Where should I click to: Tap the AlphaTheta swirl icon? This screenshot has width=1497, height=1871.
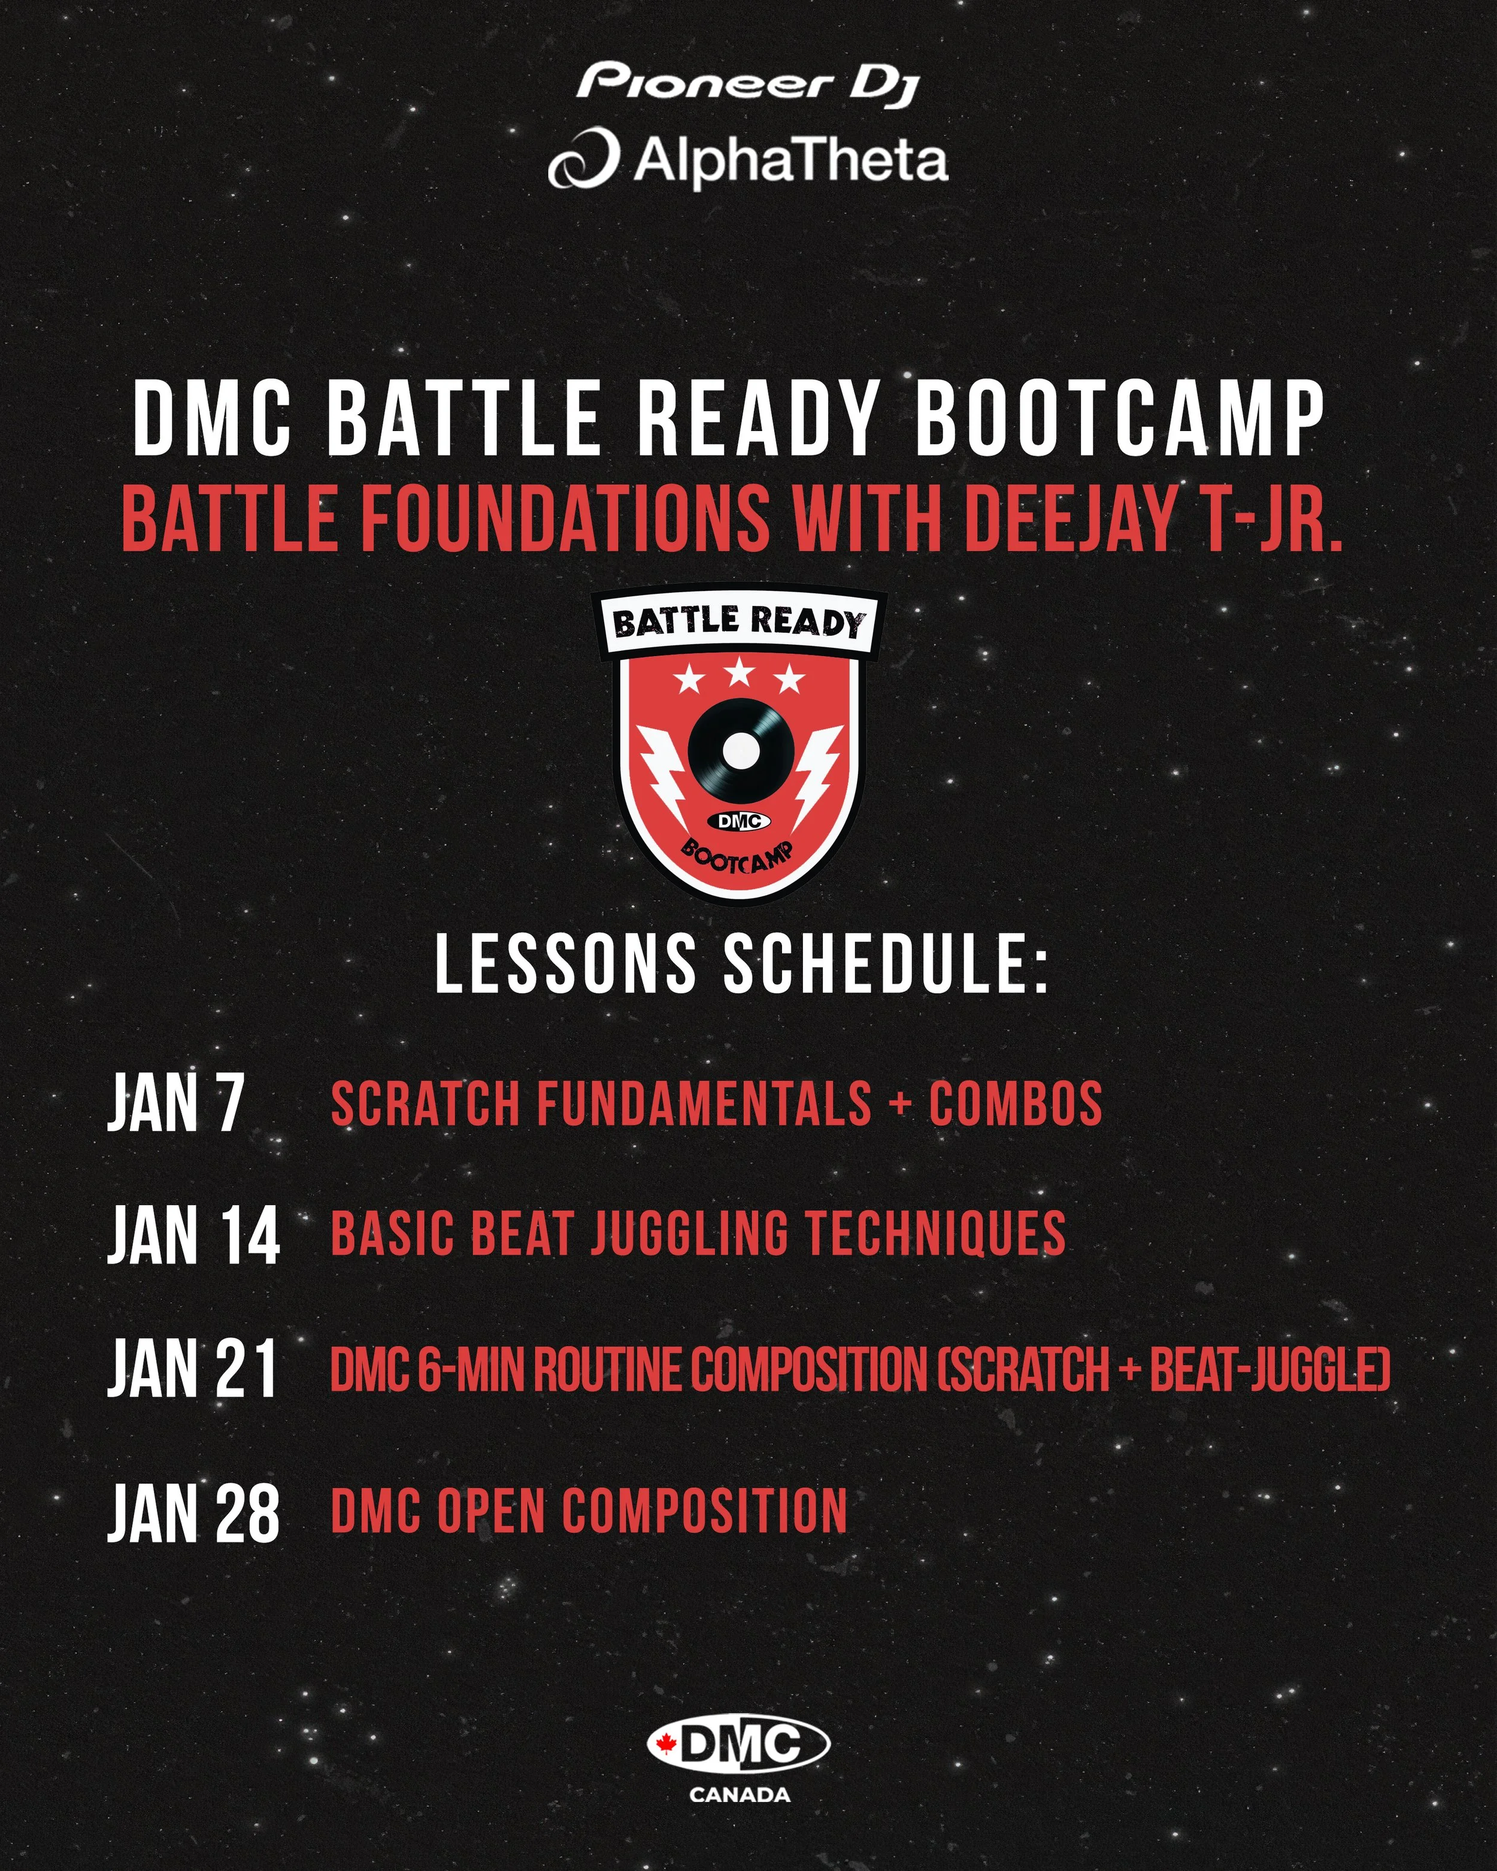pyautogui.click(x=583, y=159)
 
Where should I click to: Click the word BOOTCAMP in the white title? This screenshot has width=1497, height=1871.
pyautogui.click(x=1120, y=420)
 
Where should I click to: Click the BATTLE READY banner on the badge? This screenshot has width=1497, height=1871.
pyautogui.click(x=738, y=622)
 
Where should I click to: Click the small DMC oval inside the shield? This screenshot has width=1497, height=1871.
pyautogui.click(x=740, y=821)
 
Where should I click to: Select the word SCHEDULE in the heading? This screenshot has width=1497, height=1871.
pyautogui.click(x=885, y=964)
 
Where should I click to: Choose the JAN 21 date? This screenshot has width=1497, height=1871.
pyautogui.click(x=193, y=1369)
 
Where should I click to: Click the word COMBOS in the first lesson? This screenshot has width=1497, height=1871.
pyautogui.click(x=1016, y=1104)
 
